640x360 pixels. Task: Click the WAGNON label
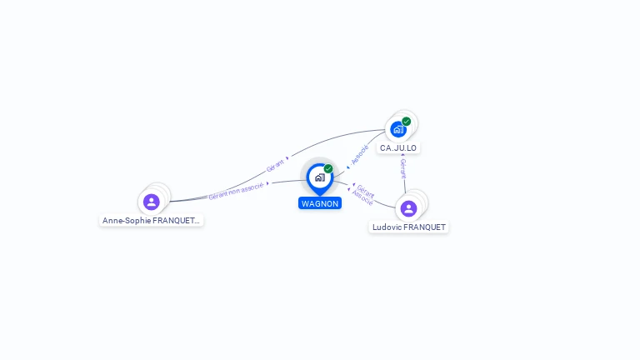point(320,203)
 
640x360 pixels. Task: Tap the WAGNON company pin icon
point(319,177)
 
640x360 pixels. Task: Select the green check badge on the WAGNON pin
point(328,169)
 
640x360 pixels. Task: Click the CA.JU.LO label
point(398,148)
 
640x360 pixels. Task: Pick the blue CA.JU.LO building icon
point(398,129)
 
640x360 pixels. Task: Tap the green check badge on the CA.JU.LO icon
point(407,122)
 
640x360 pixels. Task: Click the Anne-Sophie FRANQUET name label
point(151,221)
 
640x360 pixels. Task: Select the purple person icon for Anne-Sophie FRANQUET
point(151,202)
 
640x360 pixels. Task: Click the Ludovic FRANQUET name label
point(408,227)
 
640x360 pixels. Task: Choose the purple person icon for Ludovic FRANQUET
point(408,208)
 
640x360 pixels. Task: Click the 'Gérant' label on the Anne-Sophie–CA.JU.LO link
point(275,165)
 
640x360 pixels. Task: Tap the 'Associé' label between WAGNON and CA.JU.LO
point(359,154)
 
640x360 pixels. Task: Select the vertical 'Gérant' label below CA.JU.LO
point(403,169)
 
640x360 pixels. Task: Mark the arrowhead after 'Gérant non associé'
point(267,183)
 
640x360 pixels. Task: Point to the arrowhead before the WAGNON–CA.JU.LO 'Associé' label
point(347,167)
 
